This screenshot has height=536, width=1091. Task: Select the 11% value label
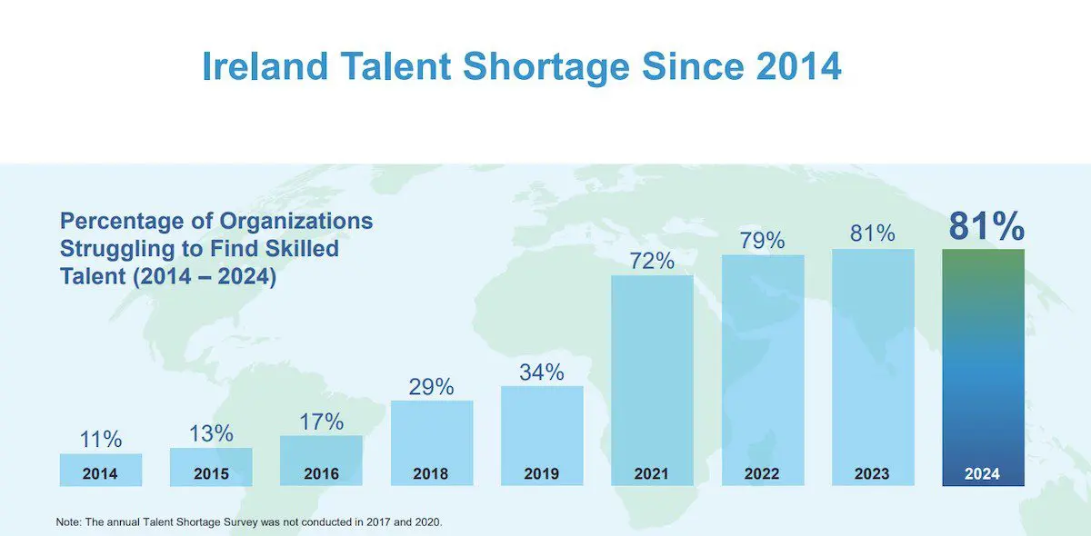coord(100,440)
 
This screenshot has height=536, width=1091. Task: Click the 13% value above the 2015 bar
coord(211,433)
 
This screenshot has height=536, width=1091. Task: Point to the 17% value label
coord(321,422)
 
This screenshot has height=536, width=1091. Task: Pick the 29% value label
coord(431,386)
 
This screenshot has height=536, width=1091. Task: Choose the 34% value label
coord(542,372)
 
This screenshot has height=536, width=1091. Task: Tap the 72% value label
coord(652,262)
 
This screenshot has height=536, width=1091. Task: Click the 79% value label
coord(762,241)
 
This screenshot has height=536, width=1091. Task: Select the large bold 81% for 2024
coord(986,226)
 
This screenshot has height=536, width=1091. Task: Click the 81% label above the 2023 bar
coord(873,233)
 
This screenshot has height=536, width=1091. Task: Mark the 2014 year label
coord(100,473)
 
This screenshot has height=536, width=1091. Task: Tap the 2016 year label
coord(321,473)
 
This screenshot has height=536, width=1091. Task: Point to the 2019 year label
coord(542,473)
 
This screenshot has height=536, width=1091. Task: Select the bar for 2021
coord(652,372)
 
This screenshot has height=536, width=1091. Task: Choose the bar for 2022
coord(762,363)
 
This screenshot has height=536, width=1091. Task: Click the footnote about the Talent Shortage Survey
coord(248,522)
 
